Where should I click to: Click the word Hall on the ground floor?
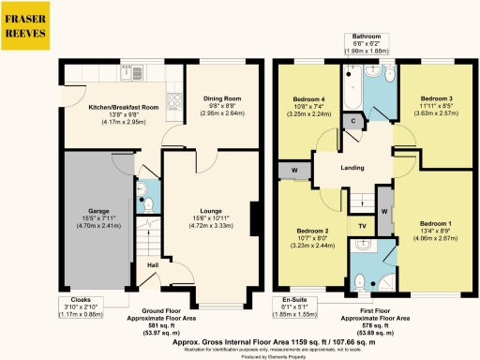coord(154,265)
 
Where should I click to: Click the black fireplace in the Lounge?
coord(253,213)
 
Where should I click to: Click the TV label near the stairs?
coord(361,226)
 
